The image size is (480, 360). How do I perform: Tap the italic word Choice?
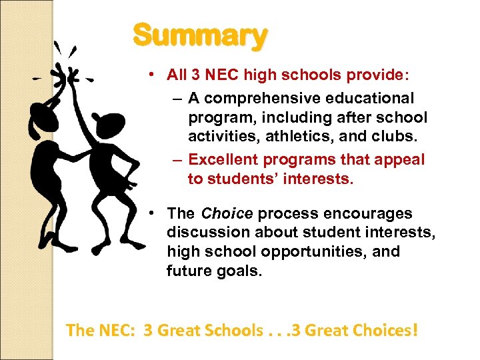click(x=227, y=214)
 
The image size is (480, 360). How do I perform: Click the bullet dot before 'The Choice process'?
click(x=153, y=213)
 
